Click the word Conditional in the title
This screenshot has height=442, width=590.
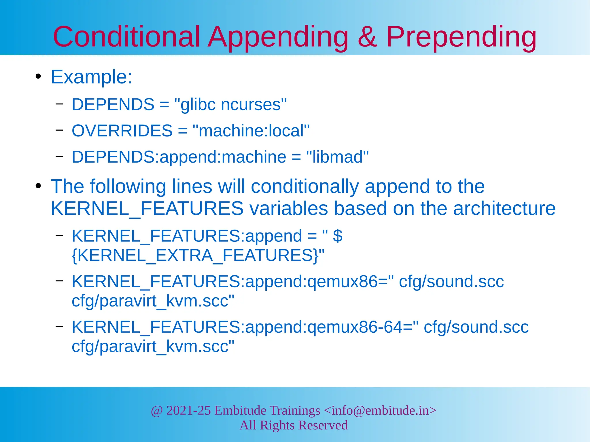click(126, 37)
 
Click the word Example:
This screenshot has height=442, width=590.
click(91, 77)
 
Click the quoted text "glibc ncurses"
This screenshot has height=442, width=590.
click(230, 104)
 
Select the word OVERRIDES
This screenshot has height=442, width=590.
click(122, 131)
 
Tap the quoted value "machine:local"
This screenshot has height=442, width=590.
click(251, 131)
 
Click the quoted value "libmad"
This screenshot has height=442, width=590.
click(337, 157)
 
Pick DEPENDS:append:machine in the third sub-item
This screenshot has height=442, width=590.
click(179, 157)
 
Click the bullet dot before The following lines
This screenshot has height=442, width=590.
click(38, 186)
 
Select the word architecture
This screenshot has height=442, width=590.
click(504, 208)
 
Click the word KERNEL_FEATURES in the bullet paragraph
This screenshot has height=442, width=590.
click(147, 208)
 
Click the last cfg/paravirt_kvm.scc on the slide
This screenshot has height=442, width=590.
click(153, 346)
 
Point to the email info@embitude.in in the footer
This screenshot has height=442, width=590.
click(380, 410)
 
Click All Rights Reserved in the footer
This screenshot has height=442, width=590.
click(294, 425)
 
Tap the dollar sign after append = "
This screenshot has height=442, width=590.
click(337, 236)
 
